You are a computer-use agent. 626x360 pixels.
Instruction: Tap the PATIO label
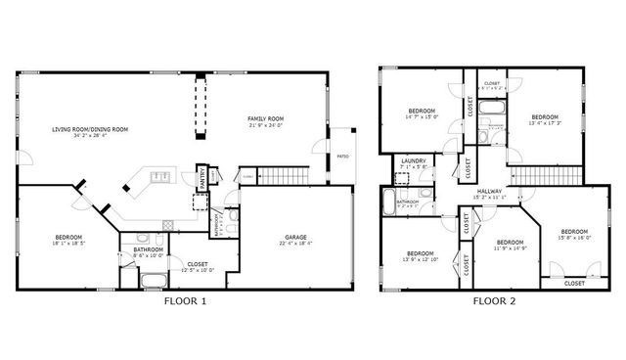click(343, 157)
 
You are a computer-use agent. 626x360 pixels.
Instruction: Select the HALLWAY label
click(490, 191)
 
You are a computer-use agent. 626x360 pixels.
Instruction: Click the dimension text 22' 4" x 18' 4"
click(296, 244)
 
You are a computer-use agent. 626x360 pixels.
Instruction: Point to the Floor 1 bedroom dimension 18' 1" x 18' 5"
click(68, 244)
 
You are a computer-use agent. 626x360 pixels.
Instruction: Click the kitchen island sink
click(159, 177)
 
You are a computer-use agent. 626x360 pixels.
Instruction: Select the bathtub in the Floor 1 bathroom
click(154, 281)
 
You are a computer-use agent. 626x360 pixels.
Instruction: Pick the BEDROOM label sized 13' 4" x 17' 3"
click(545, 116)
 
